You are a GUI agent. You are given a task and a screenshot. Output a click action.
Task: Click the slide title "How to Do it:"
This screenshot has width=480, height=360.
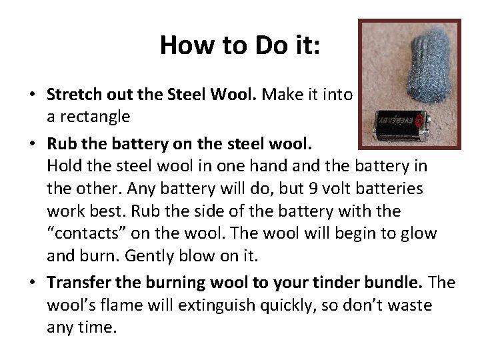click(x=240, y=45)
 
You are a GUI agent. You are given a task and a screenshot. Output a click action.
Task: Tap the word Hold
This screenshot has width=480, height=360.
click(x=65, y=165)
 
